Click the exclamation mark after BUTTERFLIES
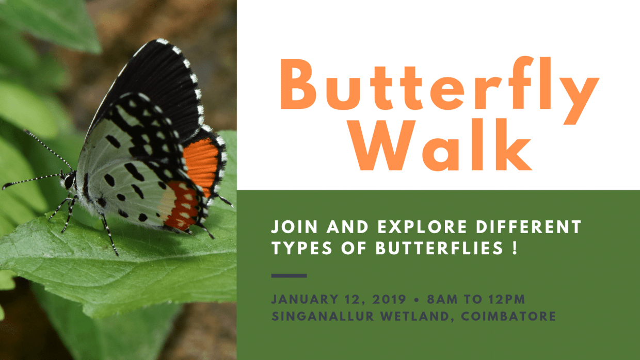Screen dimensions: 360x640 point(515,249)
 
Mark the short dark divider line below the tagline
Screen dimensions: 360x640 point(289,276)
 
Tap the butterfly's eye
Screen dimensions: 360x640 point(69,181)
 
